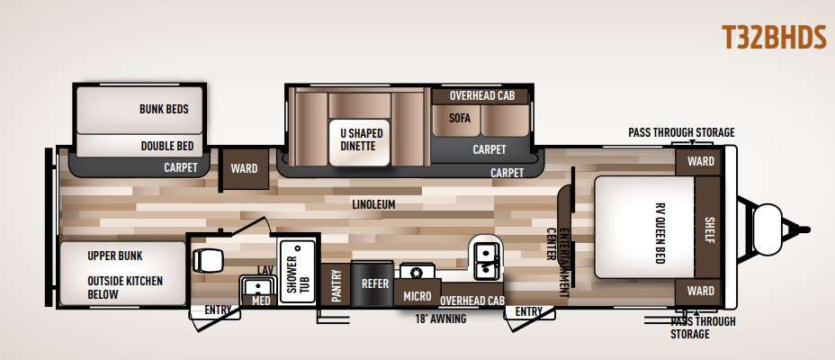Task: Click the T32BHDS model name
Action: click(774, 38)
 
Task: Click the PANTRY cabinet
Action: click(336, 285)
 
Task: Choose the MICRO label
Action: click(417, 297)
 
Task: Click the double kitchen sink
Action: click(486, 261)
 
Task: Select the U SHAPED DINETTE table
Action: click(359, 141)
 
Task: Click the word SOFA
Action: click(459, 118)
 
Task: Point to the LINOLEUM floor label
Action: click(373, 204)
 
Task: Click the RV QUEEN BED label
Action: click(660, 233)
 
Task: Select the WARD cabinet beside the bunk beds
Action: click(245, 169)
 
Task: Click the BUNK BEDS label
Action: click(164, 109)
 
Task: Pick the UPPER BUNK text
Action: click(115, 256)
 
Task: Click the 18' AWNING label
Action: click(440, 319)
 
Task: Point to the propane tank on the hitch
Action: click(768, 229)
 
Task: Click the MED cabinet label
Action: click(261, 301)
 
